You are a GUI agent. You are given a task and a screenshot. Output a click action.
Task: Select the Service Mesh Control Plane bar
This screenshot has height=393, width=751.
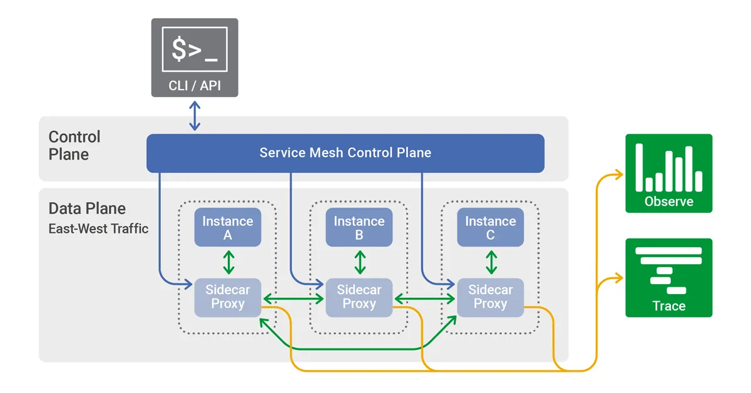pos(345,153)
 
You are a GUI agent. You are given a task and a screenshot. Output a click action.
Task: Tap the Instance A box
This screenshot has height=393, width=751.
pos(228,228)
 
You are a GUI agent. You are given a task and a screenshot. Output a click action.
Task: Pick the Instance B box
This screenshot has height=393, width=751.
pos(359,228)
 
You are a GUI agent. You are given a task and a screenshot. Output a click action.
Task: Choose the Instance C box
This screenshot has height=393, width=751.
pos(490,228)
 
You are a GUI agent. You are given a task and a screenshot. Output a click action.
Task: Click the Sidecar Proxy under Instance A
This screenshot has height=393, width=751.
pos(228,297)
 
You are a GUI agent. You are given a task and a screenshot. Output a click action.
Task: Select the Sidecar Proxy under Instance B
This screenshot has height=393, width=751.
pos(359,297)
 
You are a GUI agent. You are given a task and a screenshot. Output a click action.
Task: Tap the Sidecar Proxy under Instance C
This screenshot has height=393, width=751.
pos(490,297)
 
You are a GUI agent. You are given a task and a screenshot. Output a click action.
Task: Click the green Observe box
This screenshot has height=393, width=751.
pos(668,173)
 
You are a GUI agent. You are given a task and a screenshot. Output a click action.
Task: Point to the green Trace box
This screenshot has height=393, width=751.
pos(668,277)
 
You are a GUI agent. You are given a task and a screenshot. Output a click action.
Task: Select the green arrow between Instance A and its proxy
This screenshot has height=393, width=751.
pos(228,262)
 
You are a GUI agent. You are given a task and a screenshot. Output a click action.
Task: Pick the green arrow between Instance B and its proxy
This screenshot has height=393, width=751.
pos(360,262)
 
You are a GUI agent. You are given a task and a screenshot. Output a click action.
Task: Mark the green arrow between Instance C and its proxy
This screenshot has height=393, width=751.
pos(491,262)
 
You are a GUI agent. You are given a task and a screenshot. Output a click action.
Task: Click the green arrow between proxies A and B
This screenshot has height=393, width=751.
pos(294,299)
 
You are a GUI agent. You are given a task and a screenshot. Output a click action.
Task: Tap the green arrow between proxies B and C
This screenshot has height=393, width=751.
pos(425,299)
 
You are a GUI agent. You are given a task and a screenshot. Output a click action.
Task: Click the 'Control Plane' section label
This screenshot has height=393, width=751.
pos(74,145)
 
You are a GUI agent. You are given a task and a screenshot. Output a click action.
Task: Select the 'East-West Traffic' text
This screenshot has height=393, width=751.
pos(98,228)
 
